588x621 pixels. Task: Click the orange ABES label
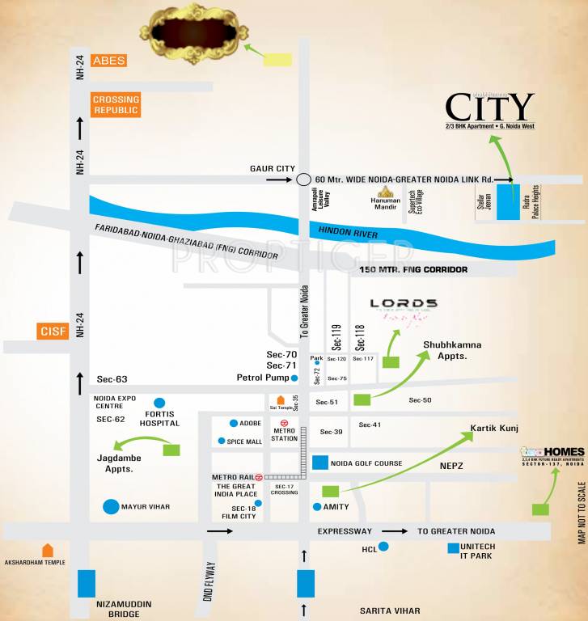108,61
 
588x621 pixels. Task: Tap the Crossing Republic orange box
116,105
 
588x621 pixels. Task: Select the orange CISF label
51,331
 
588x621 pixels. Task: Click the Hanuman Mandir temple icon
387,193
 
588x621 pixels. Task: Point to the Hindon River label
346,230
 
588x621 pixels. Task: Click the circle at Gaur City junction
303,180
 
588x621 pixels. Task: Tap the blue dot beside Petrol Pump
294,378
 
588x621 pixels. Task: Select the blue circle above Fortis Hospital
159,402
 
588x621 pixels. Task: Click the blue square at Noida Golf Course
320,463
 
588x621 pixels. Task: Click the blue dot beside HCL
384,547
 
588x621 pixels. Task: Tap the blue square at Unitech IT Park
454,548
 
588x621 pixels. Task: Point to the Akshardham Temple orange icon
48,551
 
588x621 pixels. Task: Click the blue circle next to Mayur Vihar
111,507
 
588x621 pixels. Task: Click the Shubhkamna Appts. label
452,350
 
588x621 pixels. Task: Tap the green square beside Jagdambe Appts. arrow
171,449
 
